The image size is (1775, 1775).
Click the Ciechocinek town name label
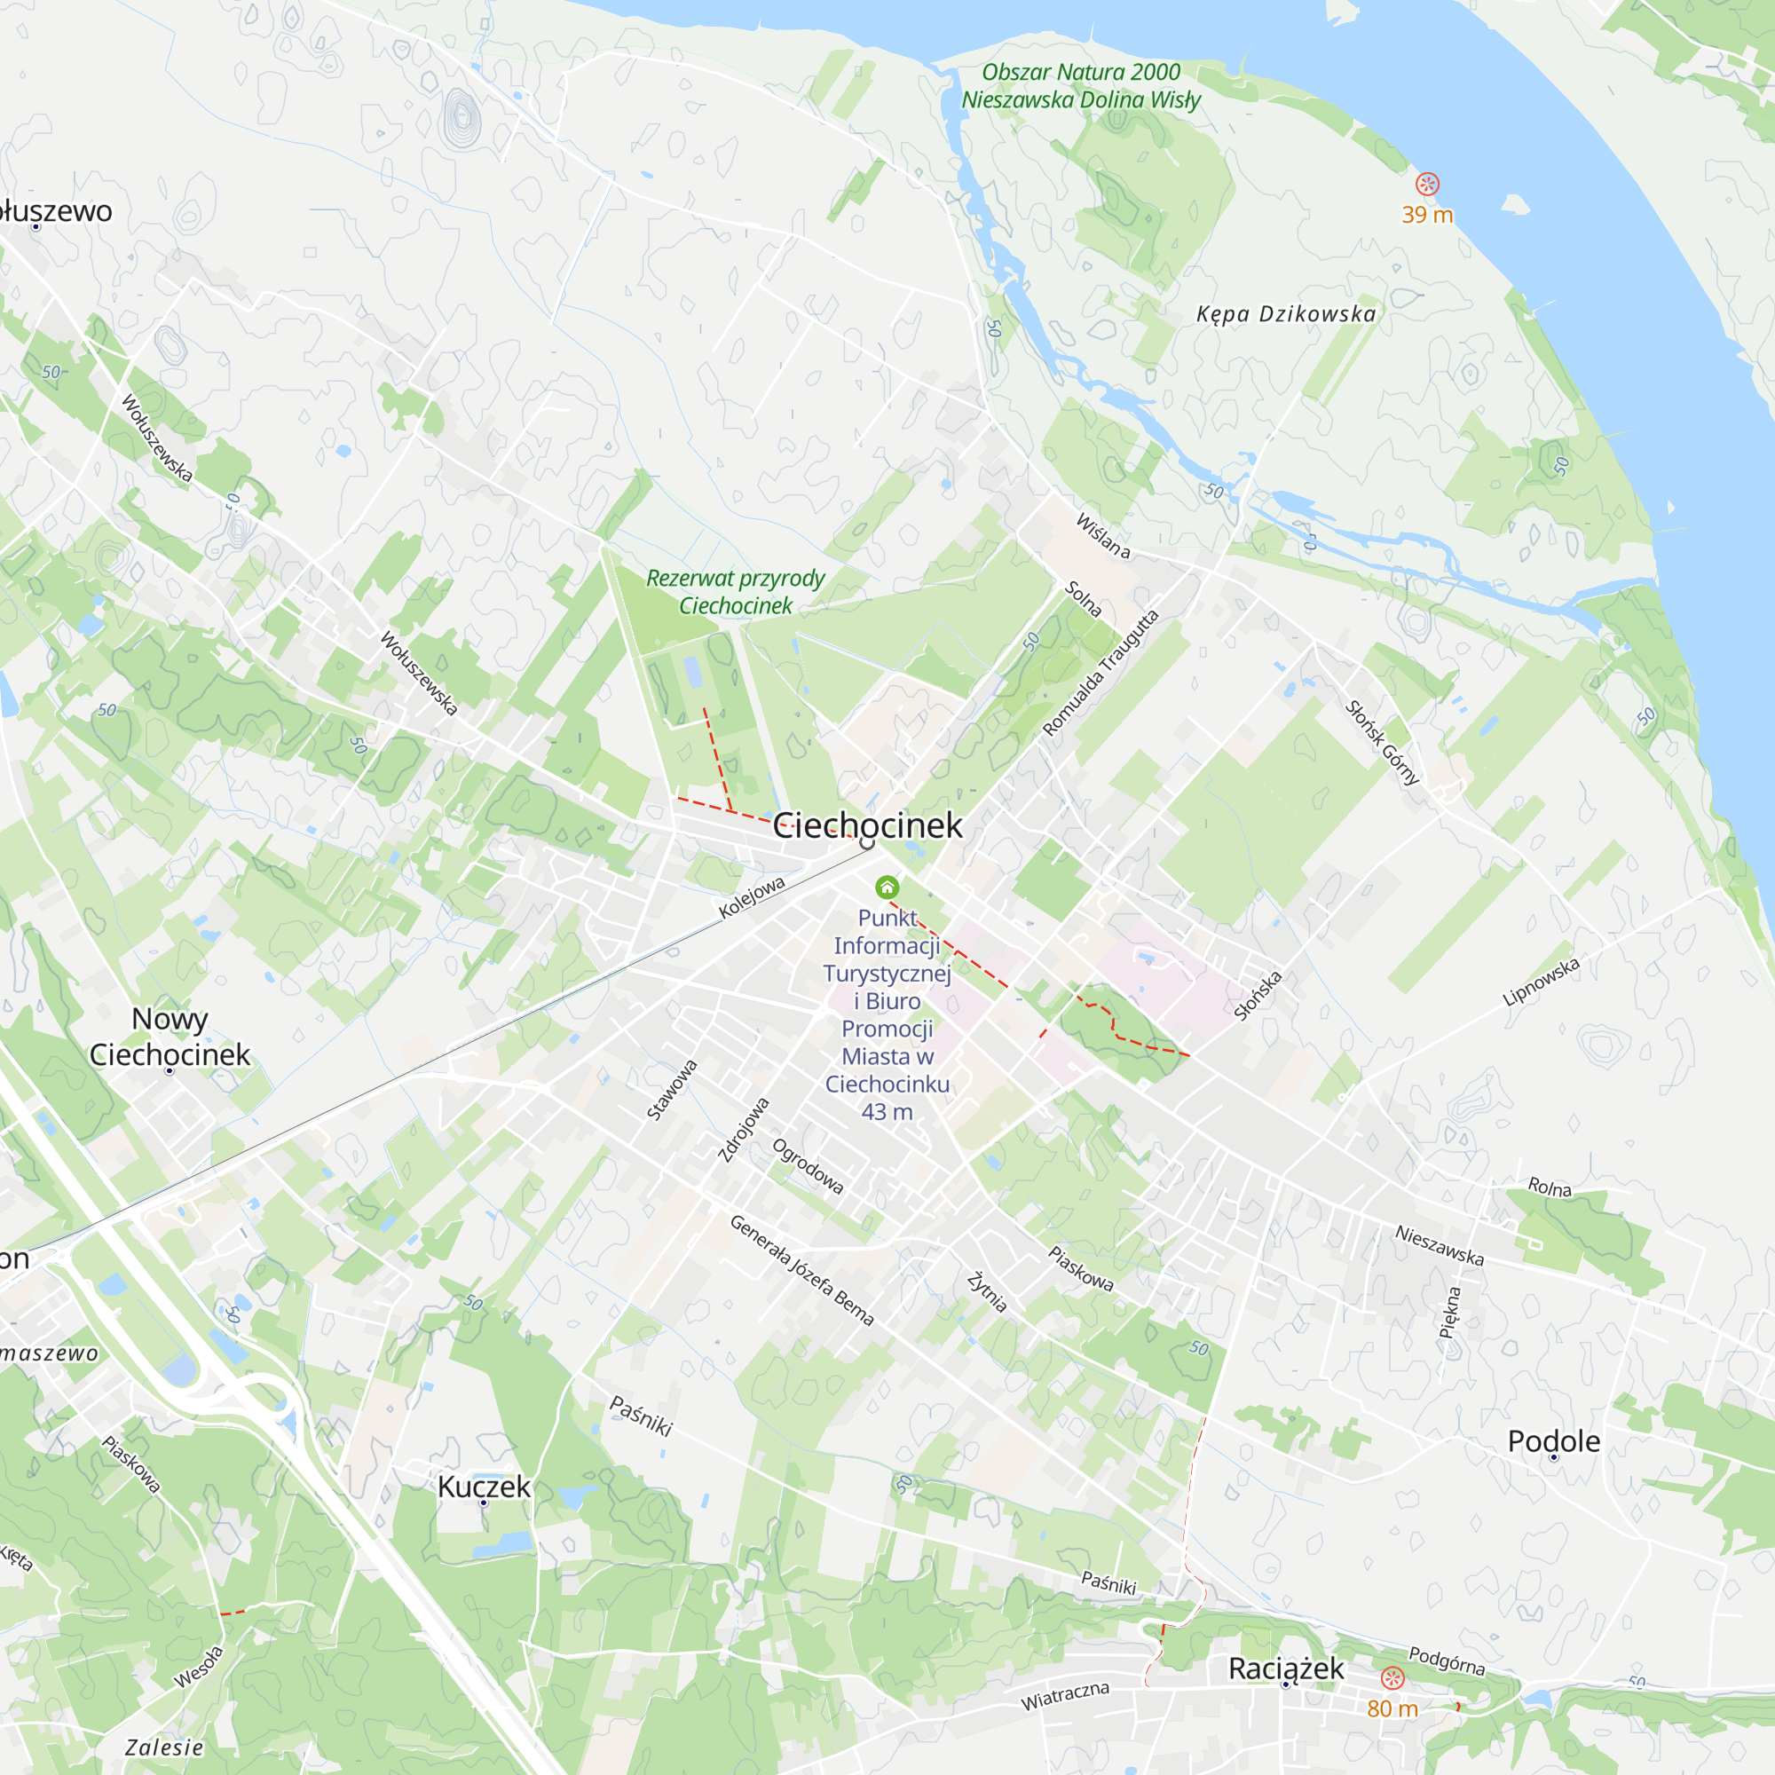coord(867,826)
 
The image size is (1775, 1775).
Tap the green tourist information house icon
coord(887,887)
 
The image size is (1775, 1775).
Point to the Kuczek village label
coord(484,1487)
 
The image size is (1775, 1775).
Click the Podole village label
coord(1554,1440)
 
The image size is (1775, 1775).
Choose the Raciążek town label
coord(1285,1668)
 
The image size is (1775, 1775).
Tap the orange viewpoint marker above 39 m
coord(1427,184)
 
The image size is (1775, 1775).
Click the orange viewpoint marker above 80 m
coord(1392,1678)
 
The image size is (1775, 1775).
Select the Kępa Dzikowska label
coord(1286,314)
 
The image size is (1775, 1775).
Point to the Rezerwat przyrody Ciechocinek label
coord(735,592)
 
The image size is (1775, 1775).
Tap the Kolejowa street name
coord(752,896)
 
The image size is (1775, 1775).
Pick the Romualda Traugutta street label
coord(1100,672)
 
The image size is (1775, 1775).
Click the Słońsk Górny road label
coord(1382,742)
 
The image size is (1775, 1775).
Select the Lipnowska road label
coord(1541,982)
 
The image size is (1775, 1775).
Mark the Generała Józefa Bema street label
coord(801,1270)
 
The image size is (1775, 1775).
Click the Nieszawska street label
coord(1439,1245)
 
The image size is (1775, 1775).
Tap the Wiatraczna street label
coord(1065,1695)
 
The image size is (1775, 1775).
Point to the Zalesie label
coord(164,1747)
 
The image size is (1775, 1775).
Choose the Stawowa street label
coord(672,1090)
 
